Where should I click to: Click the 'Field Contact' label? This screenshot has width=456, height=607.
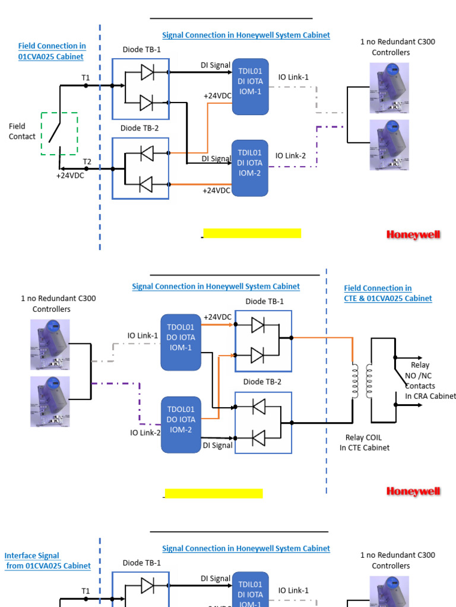pos(22,131)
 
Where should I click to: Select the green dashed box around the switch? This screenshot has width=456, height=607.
pos(59,134)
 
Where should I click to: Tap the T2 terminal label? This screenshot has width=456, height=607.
pos(87,162)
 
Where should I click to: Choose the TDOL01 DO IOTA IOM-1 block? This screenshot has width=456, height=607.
pos(180,337)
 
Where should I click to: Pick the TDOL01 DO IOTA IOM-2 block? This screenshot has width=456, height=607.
pos(180,419)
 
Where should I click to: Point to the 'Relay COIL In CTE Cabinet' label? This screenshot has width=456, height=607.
pos(364,443)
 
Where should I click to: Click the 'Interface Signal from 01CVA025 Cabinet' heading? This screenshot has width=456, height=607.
pos(47,561)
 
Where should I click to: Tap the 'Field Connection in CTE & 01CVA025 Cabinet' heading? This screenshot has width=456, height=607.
pos(388,293)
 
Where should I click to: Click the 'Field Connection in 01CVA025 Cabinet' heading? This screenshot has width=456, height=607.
pos(51,52)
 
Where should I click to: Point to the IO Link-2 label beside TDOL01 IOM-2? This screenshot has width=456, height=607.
pos(145,433)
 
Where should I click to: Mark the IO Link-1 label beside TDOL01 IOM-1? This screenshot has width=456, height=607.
pos(142,336)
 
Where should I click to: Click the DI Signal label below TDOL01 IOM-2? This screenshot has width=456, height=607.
pos(217,445)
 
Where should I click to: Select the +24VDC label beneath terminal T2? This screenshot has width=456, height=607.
pos(70,175)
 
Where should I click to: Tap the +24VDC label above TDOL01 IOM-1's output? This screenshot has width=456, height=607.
pos(217,317)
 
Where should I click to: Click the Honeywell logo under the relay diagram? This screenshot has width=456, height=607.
pos(413,491)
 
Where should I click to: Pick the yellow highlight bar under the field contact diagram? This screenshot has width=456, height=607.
pos(252,233)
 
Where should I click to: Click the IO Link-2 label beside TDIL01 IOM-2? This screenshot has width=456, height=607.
pos(290,156)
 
